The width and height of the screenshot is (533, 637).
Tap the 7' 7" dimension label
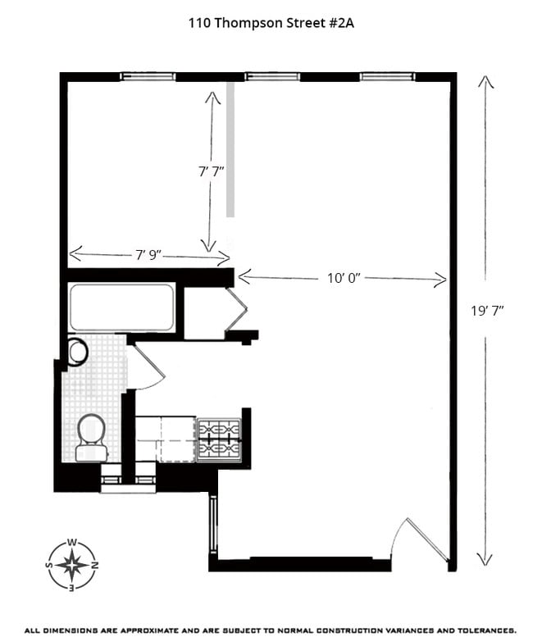pyautogui.click(x=212, y=171)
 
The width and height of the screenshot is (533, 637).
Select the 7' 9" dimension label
pyautogui.click(x=148, y=255)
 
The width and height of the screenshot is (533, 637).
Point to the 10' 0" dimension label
pyautogui.click(x=342, y=279)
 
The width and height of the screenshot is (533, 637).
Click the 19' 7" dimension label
pyautogui.click(x=486, y=310)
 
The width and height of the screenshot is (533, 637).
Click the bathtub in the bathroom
pyautogui.click(x=121, y=307)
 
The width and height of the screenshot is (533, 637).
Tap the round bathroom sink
pyautogui.click(x=78, y=352)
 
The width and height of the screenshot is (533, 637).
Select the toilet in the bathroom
pyautogui.click(x=90, y=436)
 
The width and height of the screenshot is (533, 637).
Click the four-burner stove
pyautogui.click(x=219, y=440)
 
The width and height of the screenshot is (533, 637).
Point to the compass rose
pyautogui.click(x=72, y=564)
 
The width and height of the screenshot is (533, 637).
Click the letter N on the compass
pyautogui.click(x=94, y=565)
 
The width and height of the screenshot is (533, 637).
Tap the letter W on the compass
pyautogui.click(x=72, y=542)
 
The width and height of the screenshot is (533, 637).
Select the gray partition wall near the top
pyautogui.click(x=231, y=148)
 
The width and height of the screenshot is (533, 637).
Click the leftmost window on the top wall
pyautogui.click(x=148, y=77)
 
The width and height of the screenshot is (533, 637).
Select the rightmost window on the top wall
pyautogui.click(x=388, y=77)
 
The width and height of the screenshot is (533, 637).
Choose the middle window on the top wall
pyautogui.click(x=271, y=77)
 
